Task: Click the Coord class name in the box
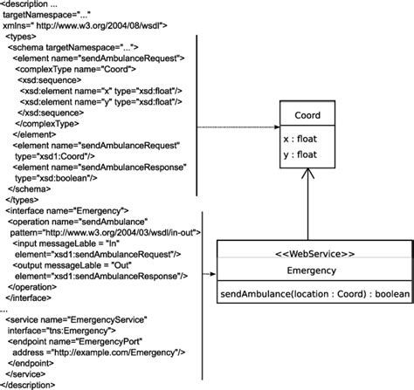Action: tap(307, 115)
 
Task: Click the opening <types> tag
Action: tap(21, 38)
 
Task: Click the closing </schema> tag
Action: tap(29, 188)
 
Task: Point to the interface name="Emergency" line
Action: tap(67, 210)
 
